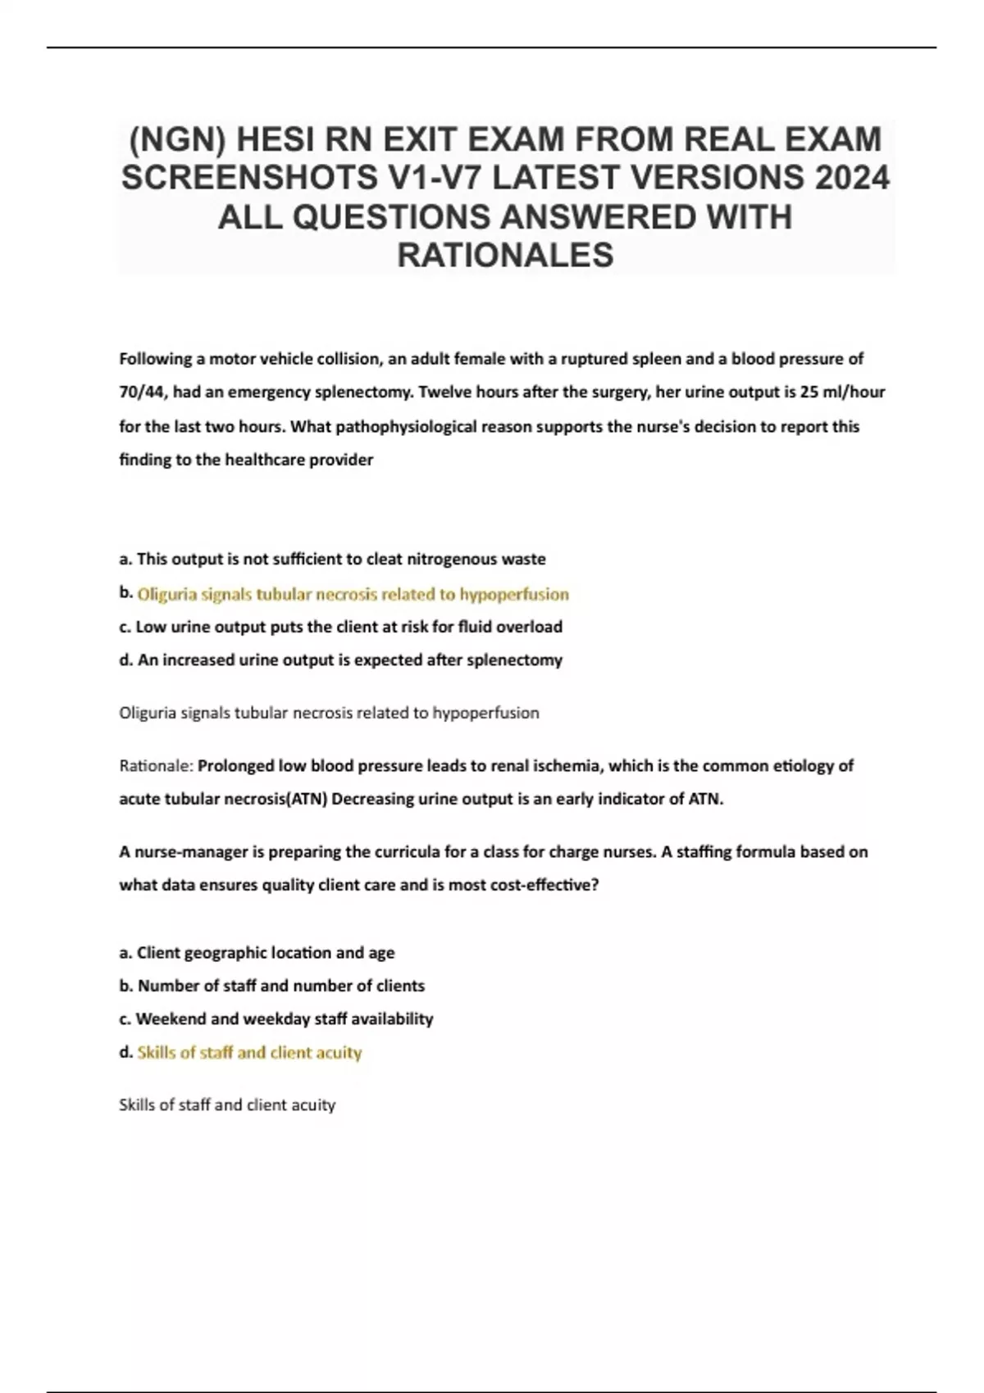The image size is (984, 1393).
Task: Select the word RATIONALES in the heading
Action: point(505,255)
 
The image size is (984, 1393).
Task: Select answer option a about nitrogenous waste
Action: point(332,559)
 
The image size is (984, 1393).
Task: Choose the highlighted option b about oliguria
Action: point(353,593)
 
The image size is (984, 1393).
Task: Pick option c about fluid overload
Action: point(340,627)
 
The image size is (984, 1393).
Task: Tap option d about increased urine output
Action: point(340,660)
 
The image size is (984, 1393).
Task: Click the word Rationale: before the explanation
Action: point(156,765)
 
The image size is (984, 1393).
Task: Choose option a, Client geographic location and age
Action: point(257,952)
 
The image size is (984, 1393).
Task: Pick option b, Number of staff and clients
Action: point(272,985)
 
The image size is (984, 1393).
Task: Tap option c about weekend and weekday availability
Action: point(276,1019)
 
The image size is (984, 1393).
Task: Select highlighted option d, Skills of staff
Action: point(249,1052)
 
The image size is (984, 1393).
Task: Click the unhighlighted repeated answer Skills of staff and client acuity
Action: point(227,1105)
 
